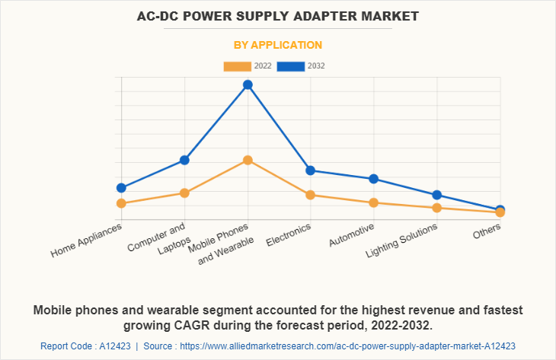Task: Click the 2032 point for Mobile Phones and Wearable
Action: [248, 84]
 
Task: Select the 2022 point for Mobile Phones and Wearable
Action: [248, 160]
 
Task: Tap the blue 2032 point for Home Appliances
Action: [121, 187]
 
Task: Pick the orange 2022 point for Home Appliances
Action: [121, 203]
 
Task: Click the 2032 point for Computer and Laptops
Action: [184, 160]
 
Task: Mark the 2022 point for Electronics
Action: [310, 195]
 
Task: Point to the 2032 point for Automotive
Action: [373, 179]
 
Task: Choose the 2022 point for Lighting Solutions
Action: [436, 208]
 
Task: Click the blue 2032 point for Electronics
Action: [310, 170]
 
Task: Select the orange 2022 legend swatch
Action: [237, 66]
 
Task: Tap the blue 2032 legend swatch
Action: [290, 66]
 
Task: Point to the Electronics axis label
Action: [289, 234]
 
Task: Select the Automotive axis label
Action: [351, 235]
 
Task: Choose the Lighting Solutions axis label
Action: [401, 241]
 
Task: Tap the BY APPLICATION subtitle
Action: [277, 45]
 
